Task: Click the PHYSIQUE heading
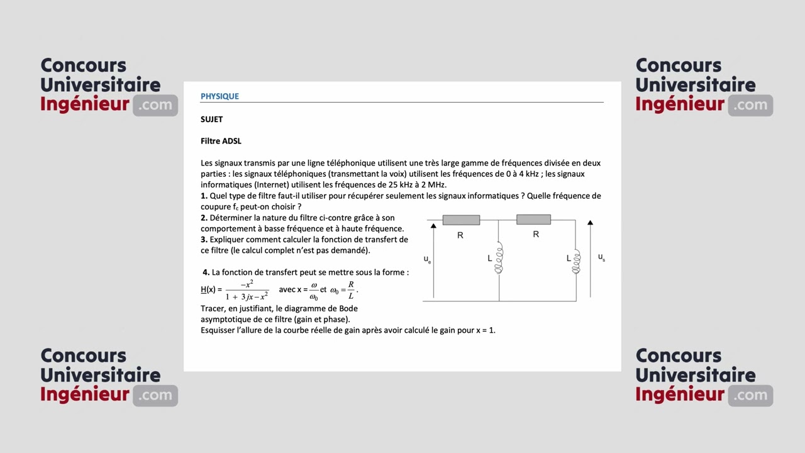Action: [x=219, y=96]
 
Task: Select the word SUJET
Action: [x=211, y=119]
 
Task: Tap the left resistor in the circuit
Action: [x=461, y=220]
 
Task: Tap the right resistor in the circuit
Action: [x=533, y=220]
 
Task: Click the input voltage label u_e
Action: [x=427, y=259]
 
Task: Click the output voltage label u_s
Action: [x=601, y=257]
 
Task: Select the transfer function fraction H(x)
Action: [x=247, y=290]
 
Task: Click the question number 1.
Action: [x=204, y=196]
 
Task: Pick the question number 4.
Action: [x=206, y=272]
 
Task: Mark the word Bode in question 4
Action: [x=348, y=308]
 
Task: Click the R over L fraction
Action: [x=351, y=290]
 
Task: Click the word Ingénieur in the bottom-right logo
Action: [x=680, y=394]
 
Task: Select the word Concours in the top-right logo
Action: [x=678, y=65]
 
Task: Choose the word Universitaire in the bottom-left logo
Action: [x=100, y=375]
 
